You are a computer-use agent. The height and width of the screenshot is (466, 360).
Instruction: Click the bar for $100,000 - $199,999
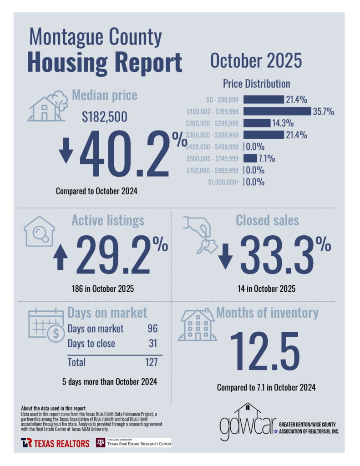(277, 111)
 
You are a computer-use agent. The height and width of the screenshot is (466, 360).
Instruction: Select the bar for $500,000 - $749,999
(250, 158)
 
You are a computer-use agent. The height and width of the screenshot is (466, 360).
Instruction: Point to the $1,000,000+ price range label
(223, 182)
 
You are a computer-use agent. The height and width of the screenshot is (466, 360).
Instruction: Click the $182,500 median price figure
(105, 117)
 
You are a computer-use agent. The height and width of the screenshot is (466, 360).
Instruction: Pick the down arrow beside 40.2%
(66, 150)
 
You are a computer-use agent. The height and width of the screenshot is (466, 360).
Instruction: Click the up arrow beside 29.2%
(60, 257)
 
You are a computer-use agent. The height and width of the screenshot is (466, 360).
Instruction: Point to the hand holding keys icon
(198, 233)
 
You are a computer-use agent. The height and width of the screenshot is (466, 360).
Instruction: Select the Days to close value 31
(153, 344)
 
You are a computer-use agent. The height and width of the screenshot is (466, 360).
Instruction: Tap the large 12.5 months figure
(264, 352)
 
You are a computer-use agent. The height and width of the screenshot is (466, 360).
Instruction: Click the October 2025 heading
(256, 61)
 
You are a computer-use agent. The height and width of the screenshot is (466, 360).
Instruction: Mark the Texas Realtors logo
(55, 443)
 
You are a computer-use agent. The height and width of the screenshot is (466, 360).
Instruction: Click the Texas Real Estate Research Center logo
(133, 442)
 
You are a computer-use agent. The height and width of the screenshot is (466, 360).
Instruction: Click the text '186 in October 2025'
(103, 289)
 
